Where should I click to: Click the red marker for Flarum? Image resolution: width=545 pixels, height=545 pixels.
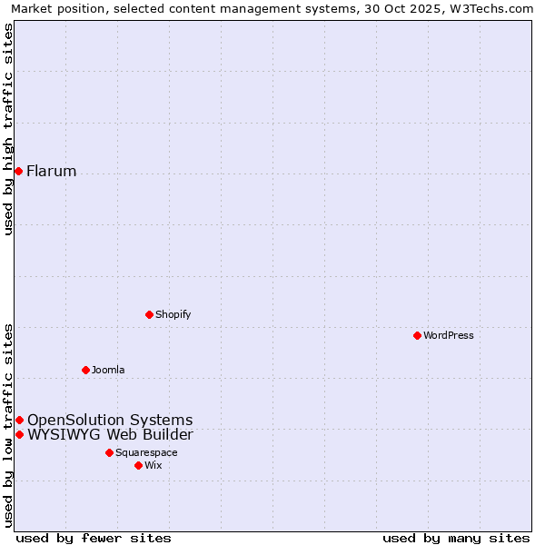18,171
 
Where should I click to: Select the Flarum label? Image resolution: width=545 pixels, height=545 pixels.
52,172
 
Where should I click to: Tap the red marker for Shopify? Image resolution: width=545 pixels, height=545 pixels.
149,314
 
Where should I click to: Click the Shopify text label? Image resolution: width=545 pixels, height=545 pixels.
173,315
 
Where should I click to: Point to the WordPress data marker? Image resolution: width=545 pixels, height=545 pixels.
417,335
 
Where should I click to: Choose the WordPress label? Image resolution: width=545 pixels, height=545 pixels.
449,336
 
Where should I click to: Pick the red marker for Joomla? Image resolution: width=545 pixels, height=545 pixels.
85,370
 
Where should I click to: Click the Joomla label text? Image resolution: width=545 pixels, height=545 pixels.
108,371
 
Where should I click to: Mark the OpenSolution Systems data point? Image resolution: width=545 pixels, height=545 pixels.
19,420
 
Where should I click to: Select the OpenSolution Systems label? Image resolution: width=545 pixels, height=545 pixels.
110,421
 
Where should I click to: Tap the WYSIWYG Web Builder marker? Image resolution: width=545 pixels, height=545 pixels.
19,434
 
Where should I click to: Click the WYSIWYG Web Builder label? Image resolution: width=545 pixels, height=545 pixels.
110,435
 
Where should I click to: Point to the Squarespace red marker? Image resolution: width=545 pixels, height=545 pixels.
109,452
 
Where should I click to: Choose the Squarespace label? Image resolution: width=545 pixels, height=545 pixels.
146,453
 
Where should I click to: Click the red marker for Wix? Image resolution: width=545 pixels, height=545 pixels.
138,465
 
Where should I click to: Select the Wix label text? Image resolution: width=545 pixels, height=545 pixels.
154,466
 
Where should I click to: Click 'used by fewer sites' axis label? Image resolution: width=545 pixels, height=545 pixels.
94,539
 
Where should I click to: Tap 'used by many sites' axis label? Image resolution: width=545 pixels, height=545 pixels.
456,539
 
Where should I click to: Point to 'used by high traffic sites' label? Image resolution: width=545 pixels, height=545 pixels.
8,129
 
